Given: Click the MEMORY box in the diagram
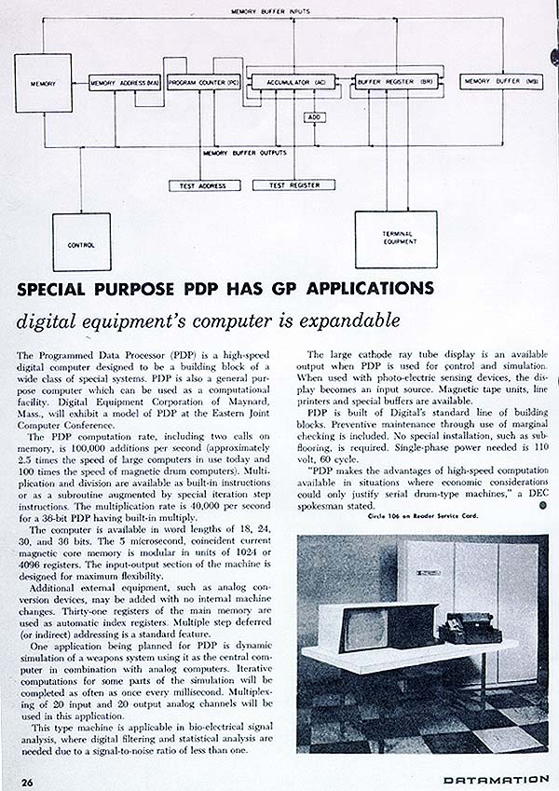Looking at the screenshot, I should (43, 84).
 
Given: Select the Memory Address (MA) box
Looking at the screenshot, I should (125, 84).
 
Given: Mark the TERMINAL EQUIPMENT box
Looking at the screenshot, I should (396, 237).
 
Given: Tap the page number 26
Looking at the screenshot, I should (29, 780).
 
